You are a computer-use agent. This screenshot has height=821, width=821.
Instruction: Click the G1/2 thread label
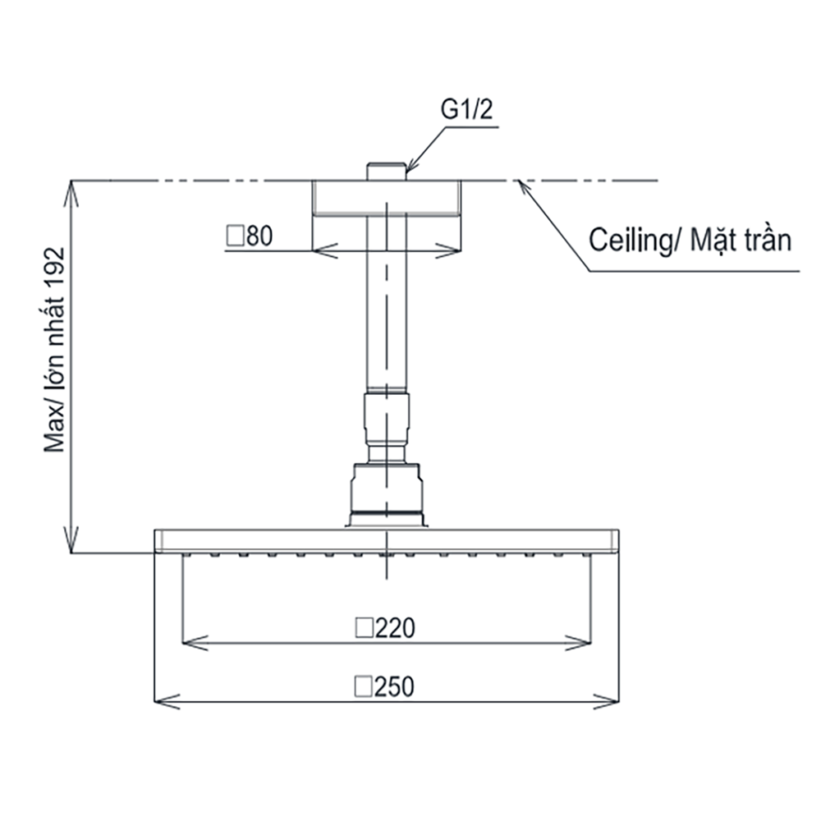[x=466, y=110]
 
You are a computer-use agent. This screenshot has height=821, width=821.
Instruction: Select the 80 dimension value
[x=259, y=236]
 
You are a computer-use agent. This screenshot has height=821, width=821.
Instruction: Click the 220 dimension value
[x=395, y=628]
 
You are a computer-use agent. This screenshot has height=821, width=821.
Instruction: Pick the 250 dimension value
[x=394, y=686]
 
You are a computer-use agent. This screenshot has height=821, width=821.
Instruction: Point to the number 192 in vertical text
[x=54, y=267]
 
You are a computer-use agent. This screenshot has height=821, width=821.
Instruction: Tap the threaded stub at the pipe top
[x=387, y=172]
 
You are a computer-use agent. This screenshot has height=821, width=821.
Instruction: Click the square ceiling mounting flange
[x=387, y=197]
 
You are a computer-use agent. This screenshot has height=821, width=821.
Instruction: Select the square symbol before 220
[x=364, y=628]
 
